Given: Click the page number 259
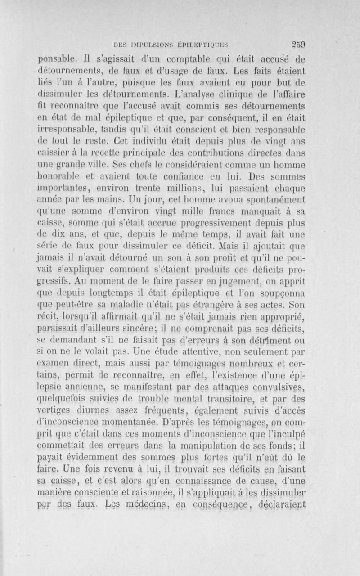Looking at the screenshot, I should point(298,44).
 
